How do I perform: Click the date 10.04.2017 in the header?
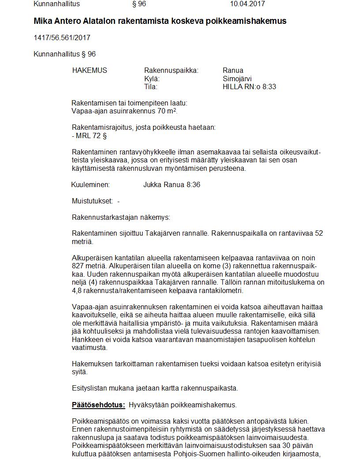pyautogui.click(x=247, y=4)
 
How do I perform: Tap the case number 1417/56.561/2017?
pyautogui.click(x=62, y=38)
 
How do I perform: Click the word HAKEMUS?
pyautogui.click(x=90, y=70)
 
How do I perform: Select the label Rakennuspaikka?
pyautogui.click(x=171, y=70)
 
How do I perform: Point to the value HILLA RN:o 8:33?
pyautogui.click(x=249, y=86)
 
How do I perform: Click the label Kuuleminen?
pyautogui.click(x=90, y=184)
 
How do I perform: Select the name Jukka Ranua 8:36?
pyautogui.click(x=172, y=184)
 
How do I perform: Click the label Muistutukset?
pyautogui.click(x=92, y=201)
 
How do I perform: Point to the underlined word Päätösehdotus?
pyautogui.click(x=98, y=405)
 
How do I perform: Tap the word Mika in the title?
pyautogui.click(x=42, y=21)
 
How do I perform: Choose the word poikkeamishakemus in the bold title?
pyautogui.click(x=246, y=21)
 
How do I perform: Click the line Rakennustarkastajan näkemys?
pyautogui.click(x=120, y=217)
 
